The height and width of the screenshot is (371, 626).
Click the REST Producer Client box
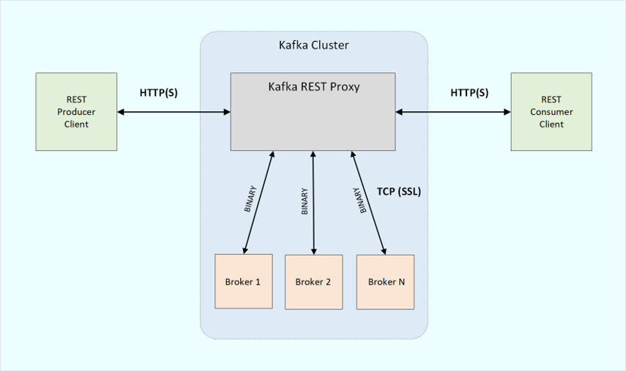[x=76, y=111]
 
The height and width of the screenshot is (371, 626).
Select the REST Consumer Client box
[x=551, y=111]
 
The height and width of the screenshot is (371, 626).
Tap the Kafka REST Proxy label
[x=313, y=87]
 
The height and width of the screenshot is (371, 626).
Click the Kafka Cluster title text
[x=313, y=45]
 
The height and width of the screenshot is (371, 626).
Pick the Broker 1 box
[x=243, y=282]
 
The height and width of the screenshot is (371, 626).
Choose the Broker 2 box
[x=313, y=282]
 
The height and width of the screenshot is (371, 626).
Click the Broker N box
[x=385, y=282]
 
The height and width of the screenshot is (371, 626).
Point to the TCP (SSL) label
[x=399, y=192]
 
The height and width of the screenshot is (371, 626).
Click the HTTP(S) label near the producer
[x=159, y=93]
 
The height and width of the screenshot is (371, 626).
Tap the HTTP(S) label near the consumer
[x=469, y=93]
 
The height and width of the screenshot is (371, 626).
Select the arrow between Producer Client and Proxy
[x=174, y=112]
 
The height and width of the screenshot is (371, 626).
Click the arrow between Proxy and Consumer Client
[x=453, y=112]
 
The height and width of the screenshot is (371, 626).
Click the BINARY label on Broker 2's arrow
[x=305, y=201]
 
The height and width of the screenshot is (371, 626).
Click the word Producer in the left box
[x=76, y=112]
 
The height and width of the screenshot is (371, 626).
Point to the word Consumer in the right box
[x=551, y=112]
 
